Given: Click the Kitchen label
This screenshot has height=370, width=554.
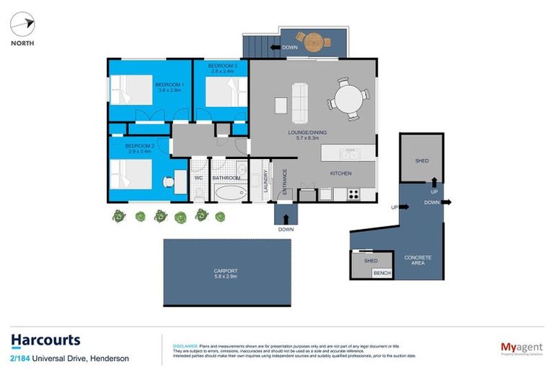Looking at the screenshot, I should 340,173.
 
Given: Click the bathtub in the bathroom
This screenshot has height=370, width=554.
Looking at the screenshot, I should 231,193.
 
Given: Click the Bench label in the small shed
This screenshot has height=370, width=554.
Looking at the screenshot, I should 382,272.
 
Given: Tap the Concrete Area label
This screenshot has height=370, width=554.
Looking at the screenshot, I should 418,260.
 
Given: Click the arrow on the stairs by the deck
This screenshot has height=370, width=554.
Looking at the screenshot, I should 275,48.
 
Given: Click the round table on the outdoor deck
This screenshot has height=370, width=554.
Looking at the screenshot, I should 315,41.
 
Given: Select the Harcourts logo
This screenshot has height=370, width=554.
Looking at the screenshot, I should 45,341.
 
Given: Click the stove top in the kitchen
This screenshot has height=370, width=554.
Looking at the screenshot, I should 353,194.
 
